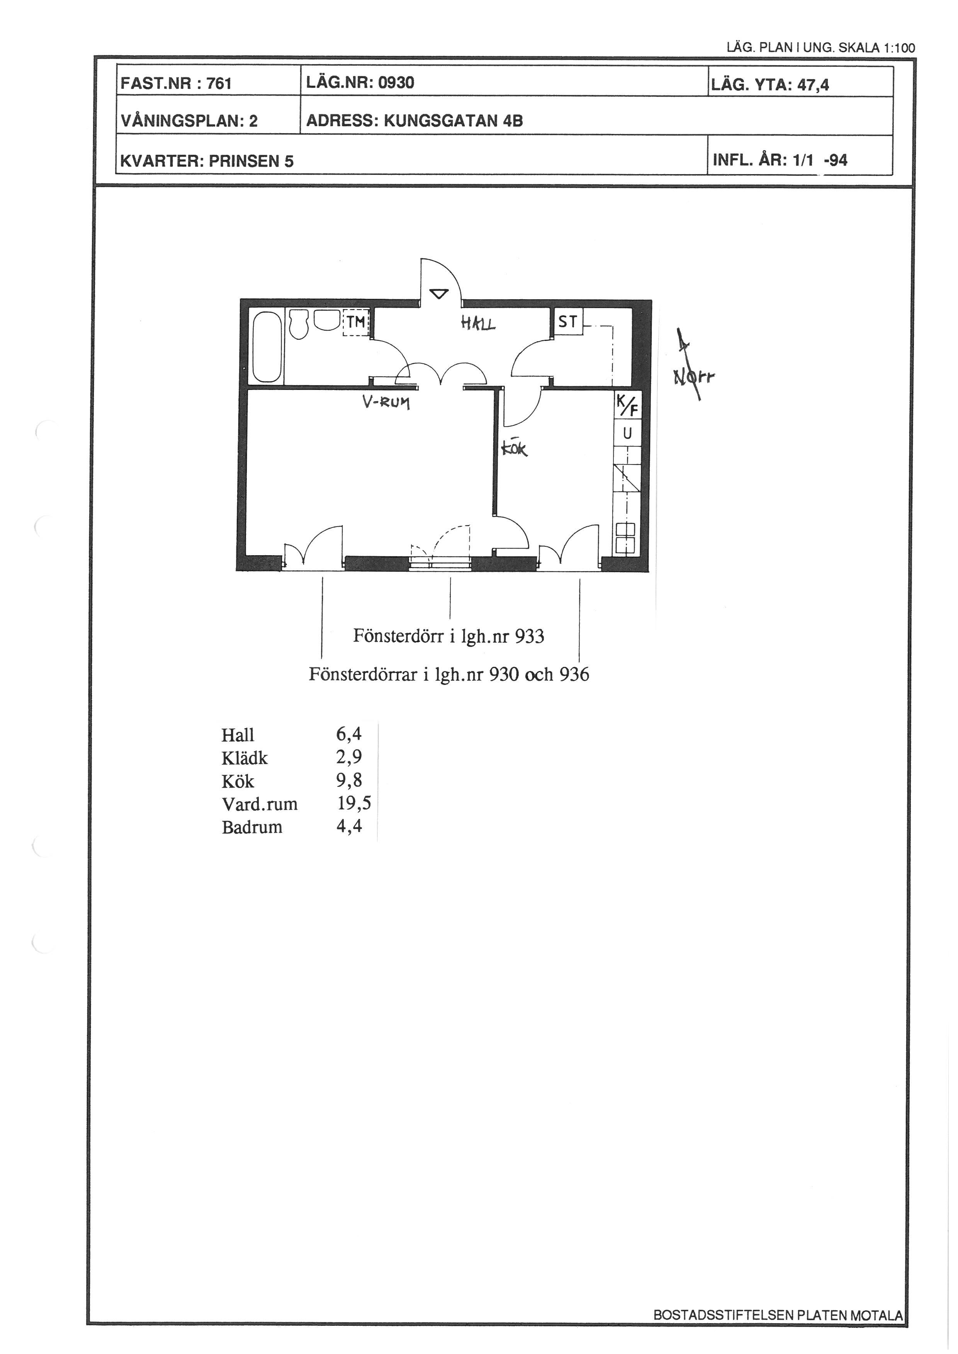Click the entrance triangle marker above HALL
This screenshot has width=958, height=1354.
[x=439, y=293]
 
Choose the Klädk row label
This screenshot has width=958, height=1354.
[x=245, y=758]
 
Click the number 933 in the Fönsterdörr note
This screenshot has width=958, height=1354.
[x=529, y=636]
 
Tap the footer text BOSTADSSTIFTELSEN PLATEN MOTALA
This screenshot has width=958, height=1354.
[x=778, y=1315]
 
